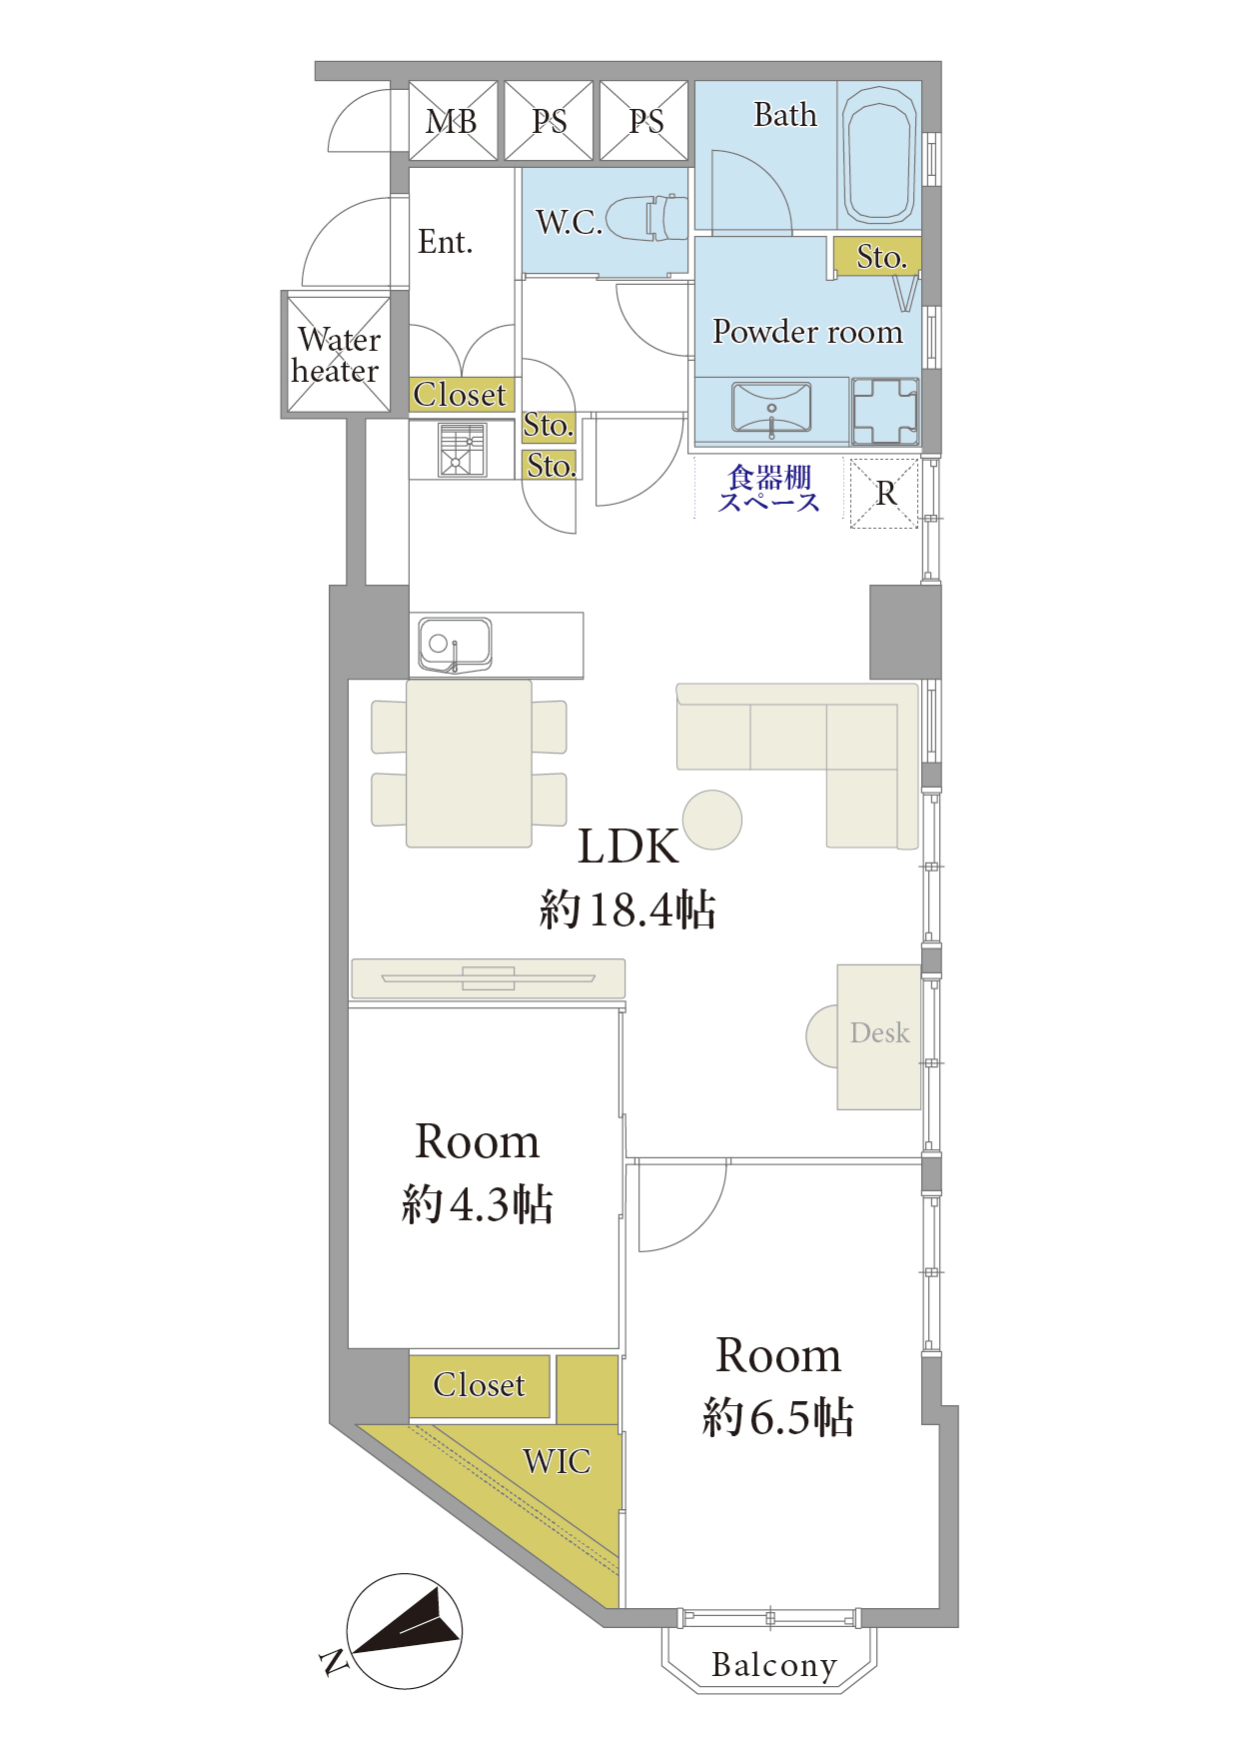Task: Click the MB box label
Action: coord(452,122)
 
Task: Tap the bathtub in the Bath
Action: coord(879,155)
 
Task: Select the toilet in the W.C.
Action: coord(647,218)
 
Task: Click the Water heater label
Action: coord(337,355)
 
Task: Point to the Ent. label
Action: coord(445,242)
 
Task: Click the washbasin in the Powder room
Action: coord(771,408)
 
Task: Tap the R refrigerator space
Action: coord(885,493)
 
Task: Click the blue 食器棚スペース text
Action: coord(769,489)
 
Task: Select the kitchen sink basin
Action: coord(455,643)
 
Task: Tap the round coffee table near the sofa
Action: coord(712,820)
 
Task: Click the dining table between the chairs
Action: coord(469,764)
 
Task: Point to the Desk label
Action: coord(879,1032)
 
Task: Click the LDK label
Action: coord(628,847)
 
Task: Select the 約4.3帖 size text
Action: coord(478,1204)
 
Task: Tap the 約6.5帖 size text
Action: coord(778,1417)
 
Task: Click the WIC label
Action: coord(557,1461)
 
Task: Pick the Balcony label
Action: coord(774,1665)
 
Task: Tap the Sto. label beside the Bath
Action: coord(881,257)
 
